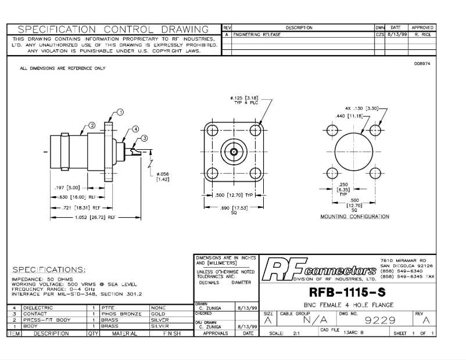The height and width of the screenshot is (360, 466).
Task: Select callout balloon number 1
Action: tap(120, 112)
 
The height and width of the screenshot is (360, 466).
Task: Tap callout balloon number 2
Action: tap(92, 125)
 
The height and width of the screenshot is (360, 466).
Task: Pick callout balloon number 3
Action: tap(145, 138)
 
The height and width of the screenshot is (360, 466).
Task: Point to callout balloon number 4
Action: tap(135, 129)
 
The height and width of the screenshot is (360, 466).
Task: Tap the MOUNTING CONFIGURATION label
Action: tap(354, 217)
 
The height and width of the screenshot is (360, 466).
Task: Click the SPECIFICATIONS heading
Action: tap(49, 270)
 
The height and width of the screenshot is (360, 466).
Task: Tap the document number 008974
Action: tap(422, 64)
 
